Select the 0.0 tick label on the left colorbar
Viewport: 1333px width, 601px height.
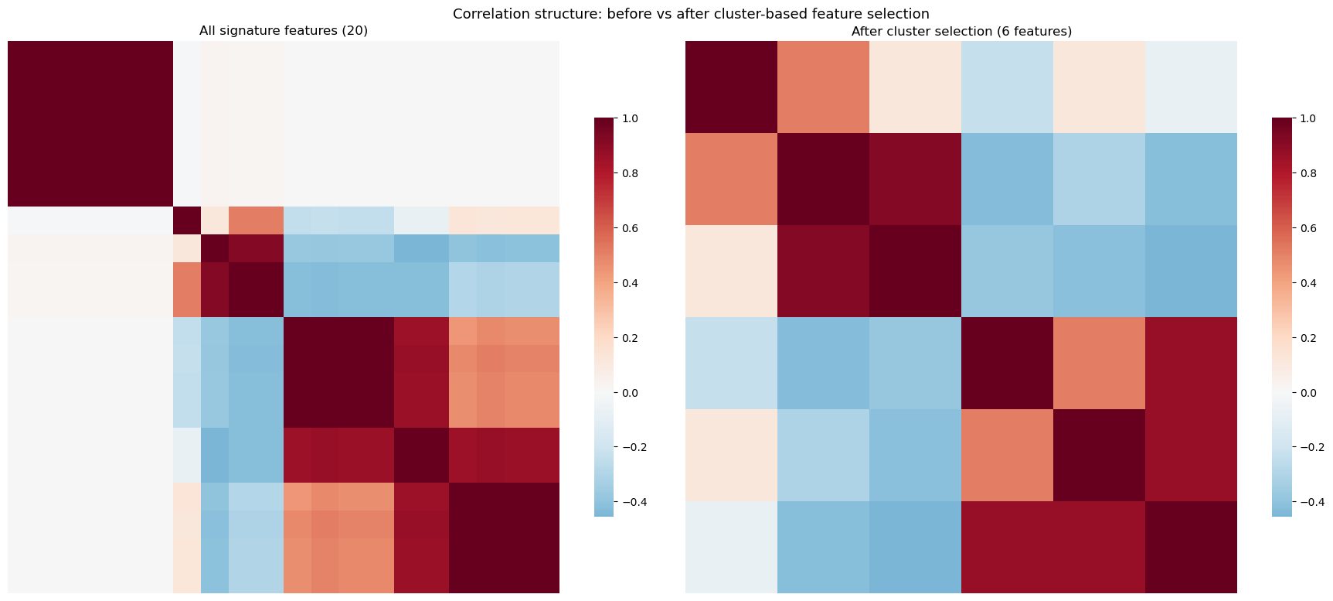tap(630, 393)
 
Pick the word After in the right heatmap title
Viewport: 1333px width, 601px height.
tap(866, 32)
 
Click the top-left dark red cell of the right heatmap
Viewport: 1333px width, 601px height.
tap(731, 87)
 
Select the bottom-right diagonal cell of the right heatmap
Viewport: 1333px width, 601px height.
tap(1191, 547)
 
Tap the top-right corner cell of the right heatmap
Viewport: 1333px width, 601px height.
tap(1191, 87)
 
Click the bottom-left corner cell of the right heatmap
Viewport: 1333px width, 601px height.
tap(731, 547)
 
